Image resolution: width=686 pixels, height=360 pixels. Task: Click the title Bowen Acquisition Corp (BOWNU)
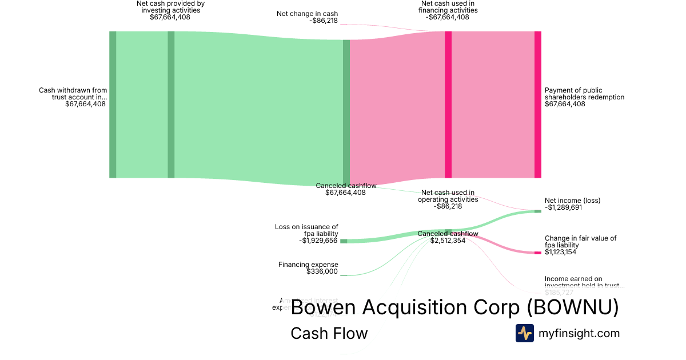pyautogui.click(x=454, y=307)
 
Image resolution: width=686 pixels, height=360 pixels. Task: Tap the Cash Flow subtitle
pyautogui.click(x=329, y=333)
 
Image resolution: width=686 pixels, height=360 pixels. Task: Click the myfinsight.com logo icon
pyautogui.click(x=524, y=333)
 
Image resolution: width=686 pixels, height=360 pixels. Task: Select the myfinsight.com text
pyautogui.click(x=579, y=333)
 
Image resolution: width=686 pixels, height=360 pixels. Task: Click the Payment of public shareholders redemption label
pyautogui.click(x=584, y=97)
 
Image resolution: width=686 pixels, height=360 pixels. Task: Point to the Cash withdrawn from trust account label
pyautogui.click(x=73, y=97)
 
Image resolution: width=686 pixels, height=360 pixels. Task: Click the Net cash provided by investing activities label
pyautogui.click(x=170, y=10)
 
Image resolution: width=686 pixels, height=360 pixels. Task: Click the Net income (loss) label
pyautogui.click(x=572, y=204)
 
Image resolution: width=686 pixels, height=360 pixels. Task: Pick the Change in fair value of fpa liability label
pyautogui.click(x=580, y=245)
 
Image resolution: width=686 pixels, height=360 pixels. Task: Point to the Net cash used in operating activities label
pyautogui.click(x=448, y=199)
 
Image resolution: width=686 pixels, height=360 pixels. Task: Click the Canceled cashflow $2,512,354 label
pyautogui.click(x=448, y=237)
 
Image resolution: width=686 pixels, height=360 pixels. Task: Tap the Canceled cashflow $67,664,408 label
pyautogui.click(x=345, y=189)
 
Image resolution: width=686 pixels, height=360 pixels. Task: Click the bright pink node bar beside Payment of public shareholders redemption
pyautogui.click(x=537, y=105)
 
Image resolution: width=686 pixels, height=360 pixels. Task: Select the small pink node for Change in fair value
pyautogui.click(x=537, y=253)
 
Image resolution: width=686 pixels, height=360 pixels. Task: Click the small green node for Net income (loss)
pyautogui.click(x=537, y=211)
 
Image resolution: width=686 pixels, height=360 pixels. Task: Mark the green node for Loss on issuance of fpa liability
pyautogui.click(x=344, y=241)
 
